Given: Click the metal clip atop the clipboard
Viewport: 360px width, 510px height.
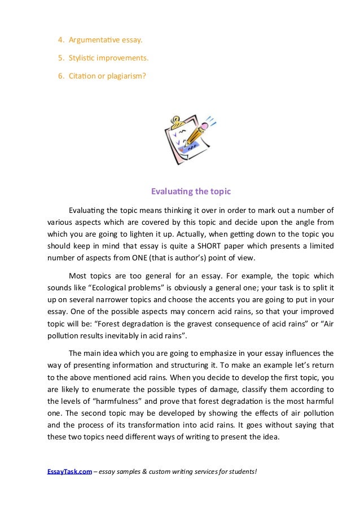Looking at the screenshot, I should pos(178,121).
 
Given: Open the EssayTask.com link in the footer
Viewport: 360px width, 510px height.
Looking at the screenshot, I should pos(69,472).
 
